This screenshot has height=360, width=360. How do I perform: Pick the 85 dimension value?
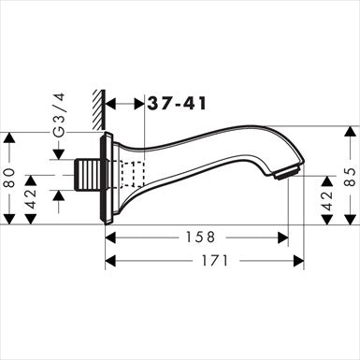pos(348,178)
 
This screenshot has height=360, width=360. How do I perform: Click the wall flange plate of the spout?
pos(110,178)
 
